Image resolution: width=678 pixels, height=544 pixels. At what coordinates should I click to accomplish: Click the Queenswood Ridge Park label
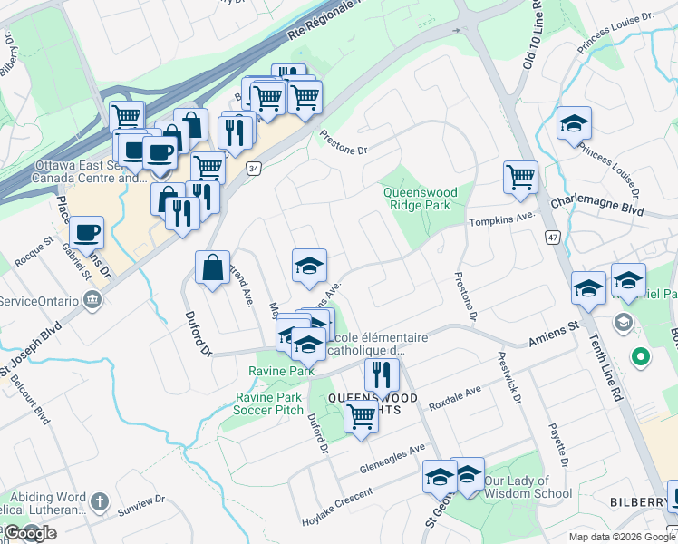click(x=416, y=199)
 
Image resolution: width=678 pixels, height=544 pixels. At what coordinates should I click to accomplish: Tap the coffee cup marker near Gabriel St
click(x=88, y=233)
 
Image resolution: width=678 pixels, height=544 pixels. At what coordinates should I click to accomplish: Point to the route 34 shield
click(x=255, y=169)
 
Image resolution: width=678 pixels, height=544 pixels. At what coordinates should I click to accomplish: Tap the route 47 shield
click(x=551, y=237)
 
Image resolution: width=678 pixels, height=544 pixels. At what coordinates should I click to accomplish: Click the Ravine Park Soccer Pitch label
click(x=269, y=403)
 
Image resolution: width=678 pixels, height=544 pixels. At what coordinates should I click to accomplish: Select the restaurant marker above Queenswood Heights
click(x=382, y=374)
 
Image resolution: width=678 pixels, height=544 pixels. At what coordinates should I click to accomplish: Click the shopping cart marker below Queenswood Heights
click(x=361, y=417)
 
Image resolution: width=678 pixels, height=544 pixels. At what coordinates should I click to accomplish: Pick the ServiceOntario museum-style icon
click(x=92, y=300)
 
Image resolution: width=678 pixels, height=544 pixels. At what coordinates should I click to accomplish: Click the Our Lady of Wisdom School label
click(x=528, y=487)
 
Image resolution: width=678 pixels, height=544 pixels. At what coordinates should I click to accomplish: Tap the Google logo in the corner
click(x=29, y=533)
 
